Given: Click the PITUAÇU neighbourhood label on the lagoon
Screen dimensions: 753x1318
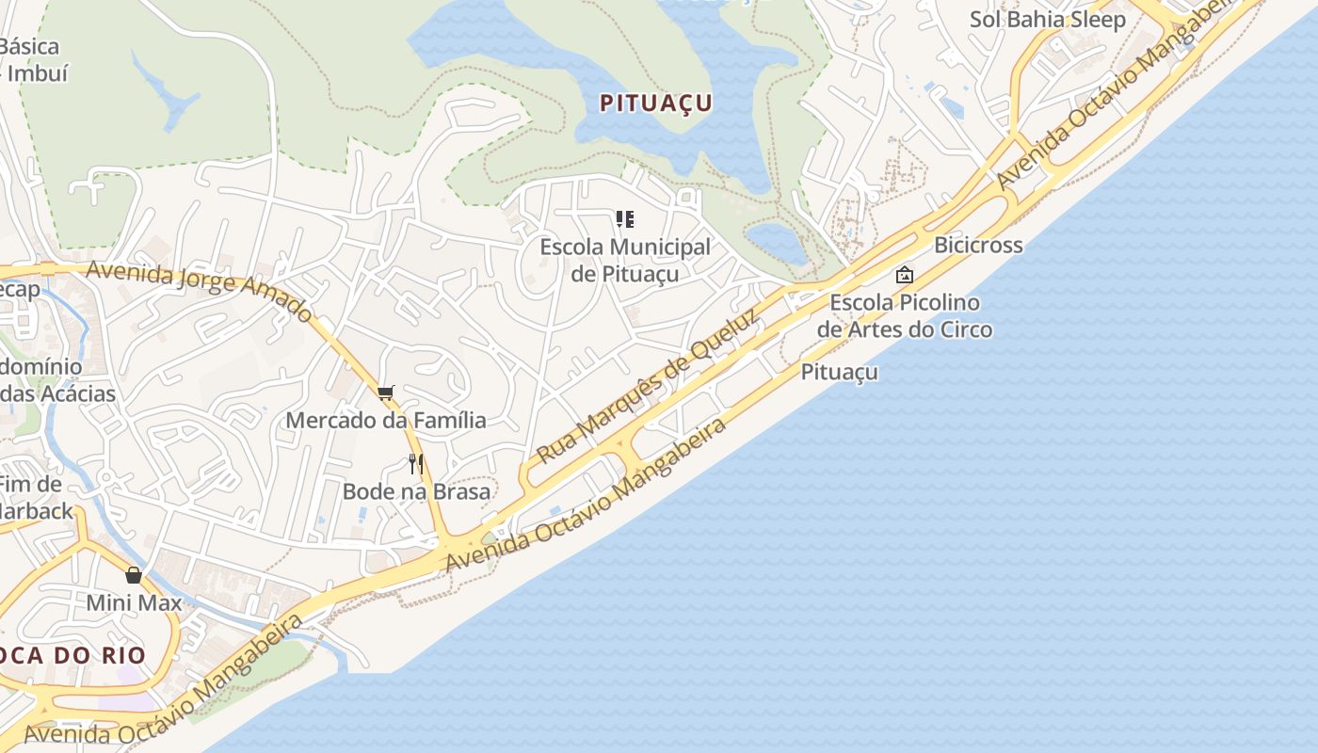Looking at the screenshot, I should [x=656, y=104].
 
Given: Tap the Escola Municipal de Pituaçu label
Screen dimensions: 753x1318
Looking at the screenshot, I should [x=625, y=260].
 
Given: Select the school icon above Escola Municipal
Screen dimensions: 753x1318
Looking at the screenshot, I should [x=625, y=219].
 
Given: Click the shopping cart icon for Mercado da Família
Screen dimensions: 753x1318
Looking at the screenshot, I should [x=385, y=393].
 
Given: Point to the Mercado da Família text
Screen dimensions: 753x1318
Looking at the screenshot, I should [x=386, y=420].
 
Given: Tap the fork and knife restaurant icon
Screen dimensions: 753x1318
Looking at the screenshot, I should [x=416, y=464].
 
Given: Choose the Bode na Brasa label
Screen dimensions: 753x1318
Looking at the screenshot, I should [x=416, y=491].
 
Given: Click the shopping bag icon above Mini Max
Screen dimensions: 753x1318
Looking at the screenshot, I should [x=134, y=574].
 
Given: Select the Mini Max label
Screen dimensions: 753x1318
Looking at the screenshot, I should [x=134, y=602].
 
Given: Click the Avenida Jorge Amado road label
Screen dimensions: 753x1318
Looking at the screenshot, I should [x=199, y=289].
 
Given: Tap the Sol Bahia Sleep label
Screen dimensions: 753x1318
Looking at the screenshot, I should [x=1048, y=20].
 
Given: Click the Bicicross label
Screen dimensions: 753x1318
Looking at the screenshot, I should [x=978, y=245].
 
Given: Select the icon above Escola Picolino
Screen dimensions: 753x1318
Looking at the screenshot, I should [x=905, y=275].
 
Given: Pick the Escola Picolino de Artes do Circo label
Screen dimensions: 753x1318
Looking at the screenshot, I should [x=904, y=315].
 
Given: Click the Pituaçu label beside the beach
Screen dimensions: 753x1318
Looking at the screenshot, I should [x=840, y=372].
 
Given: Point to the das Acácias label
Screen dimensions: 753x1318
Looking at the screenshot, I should [x=58, y=393].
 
